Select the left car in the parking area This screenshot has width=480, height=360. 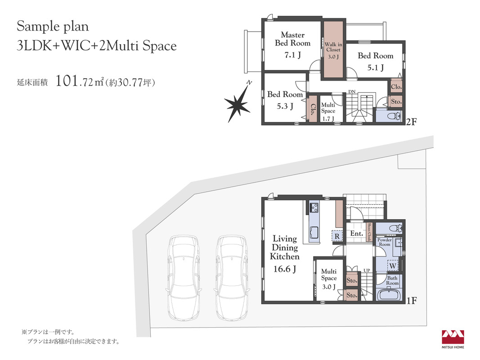click(x=184, y=278)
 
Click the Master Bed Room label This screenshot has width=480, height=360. click(x=293, y=39)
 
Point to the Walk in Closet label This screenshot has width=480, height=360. click(x=333, y=47)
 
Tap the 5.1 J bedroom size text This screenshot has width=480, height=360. click(x=375, y=67)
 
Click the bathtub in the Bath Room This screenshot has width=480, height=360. click(x=389, y=295)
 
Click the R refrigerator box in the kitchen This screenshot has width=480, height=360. click(x=337, y=236)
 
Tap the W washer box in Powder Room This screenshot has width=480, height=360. click(x=392, y=265)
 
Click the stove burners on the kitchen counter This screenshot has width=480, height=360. click(x=314, y=207)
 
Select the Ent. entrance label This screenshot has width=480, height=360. click(x=357, y=234)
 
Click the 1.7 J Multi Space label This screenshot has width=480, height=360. click(x=328, y=112)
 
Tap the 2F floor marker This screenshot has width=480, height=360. click(x=412, y=122)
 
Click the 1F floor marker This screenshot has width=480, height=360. click(x=412, y=301)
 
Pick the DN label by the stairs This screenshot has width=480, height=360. click(x=352, y=91)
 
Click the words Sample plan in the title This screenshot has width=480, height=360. click(x=53, y=27)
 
